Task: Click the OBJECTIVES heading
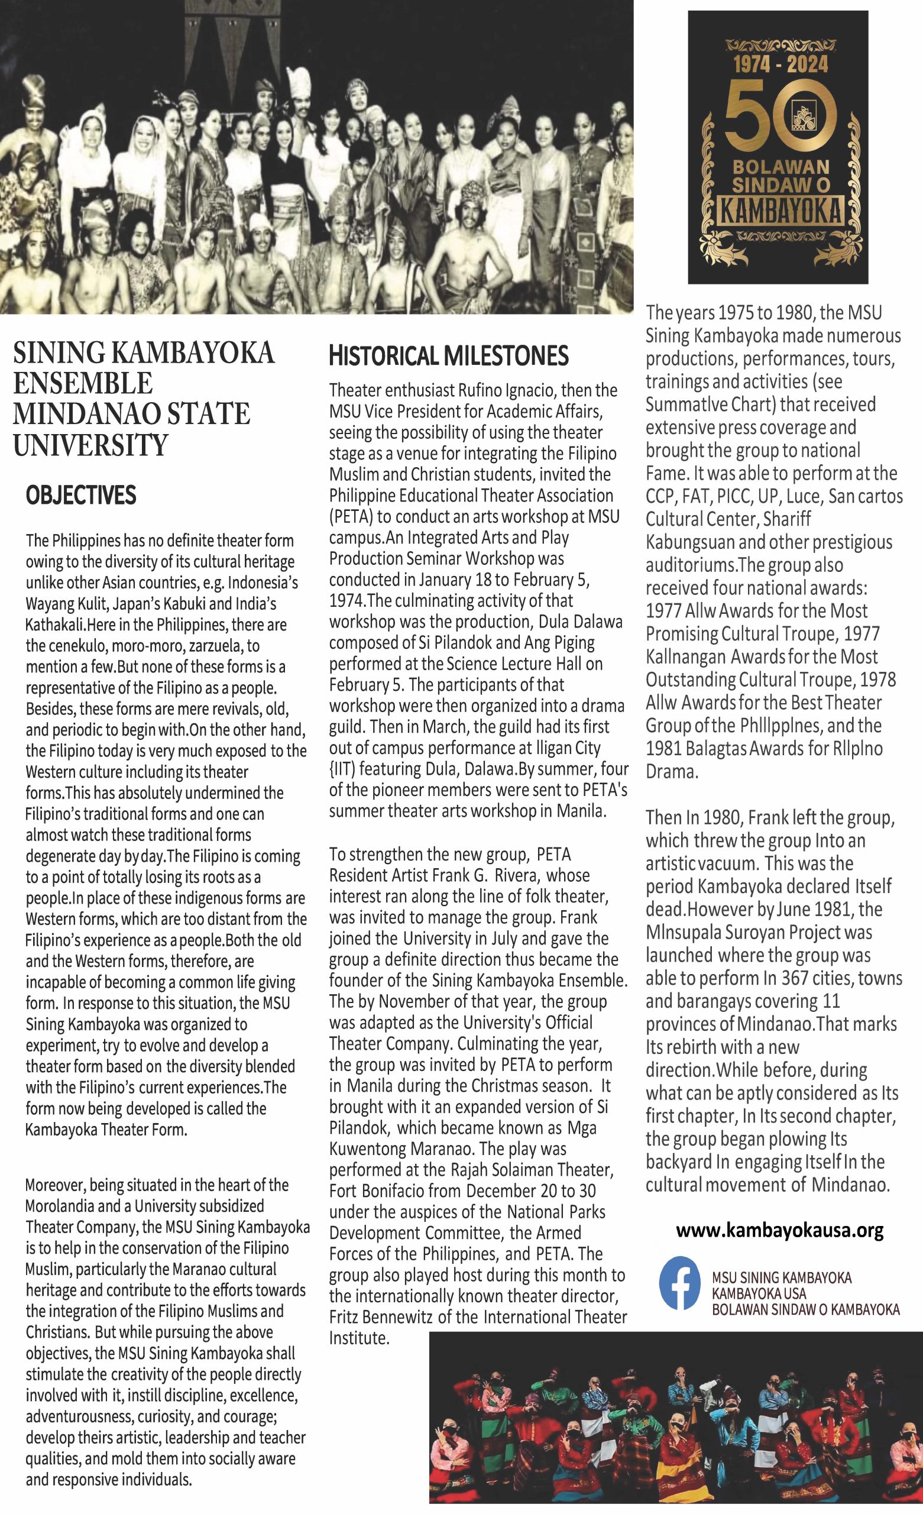click(x=80, y=495)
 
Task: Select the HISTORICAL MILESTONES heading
click(x=449, y=356)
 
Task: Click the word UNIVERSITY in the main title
click(x=90, y=444)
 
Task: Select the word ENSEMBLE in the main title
click(x=83, y=383)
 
